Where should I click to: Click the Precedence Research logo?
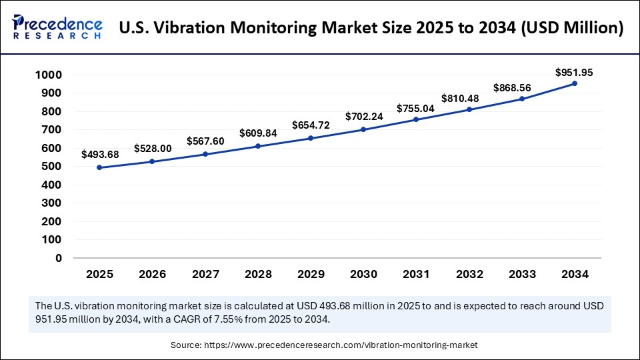[57, 27]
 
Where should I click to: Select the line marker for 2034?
[574, 84]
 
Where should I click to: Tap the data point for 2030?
[363, 129]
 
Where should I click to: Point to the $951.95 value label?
[574, 71]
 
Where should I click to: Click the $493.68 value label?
[100, 155]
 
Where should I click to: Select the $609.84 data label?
[258, 133]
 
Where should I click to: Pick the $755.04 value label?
[416, 108]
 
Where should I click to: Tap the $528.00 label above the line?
[153, 148]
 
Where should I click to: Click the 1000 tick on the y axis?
[48, 75]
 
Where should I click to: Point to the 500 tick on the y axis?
[51, 167]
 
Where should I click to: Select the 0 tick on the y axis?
[59, 258]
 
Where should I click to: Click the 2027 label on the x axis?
[205, 274]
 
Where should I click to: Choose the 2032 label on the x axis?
[469, 274]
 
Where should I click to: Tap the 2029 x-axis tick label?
[311, 274]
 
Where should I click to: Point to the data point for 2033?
[521, 99]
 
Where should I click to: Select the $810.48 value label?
[469, 97]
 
